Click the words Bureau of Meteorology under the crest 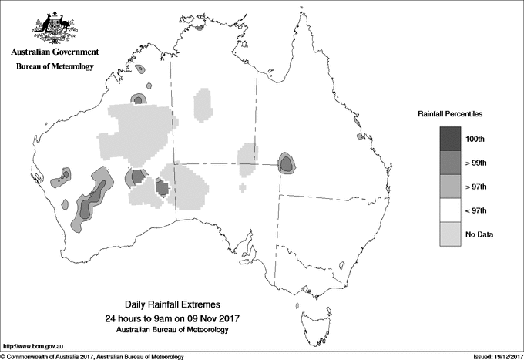[55, 67]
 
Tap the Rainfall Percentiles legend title [450, 114]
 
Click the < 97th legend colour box [451, 210]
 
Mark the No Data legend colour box [451, 234]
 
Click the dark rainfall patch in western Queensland [286, 163]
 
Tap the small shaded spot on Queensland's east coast [360, 136]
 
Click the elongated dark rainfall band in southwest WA [91, 198]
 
